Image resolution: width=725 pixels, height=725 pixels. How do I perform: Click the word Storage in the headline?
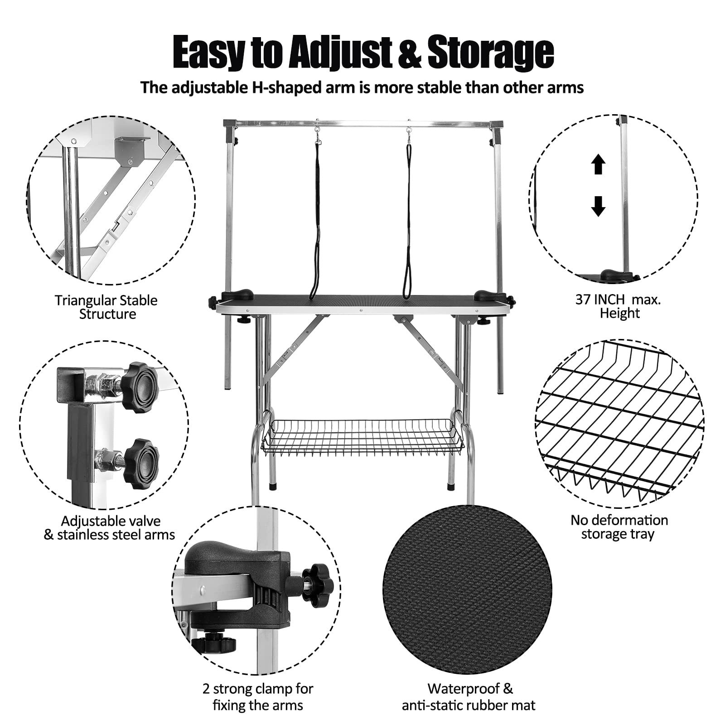click(490, 53)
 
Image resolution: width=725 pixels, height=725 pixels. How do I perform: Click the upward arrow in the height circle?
click(599, 164)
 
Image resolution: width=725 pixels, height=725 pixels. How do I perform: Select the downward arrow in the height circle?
click(599, 206)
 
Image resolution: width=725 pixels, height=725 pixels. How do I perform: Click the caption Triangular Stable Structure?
click(106, 307)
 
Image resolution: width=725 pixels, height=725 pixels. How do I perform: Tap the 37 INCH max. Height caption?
click(619, 306)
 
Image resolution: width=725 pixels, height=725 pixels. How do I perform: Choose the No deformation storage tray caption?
click(619, 527)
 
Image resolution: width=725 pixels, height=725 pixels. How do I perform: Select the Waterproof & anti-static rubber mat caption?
click(469, 698)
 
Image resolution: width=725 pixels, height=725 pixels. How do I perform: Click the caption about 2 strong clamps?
click(257, 698)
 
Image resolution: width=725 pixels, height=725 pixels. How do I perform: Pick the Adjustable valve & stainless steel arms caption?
click(110, 528)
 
